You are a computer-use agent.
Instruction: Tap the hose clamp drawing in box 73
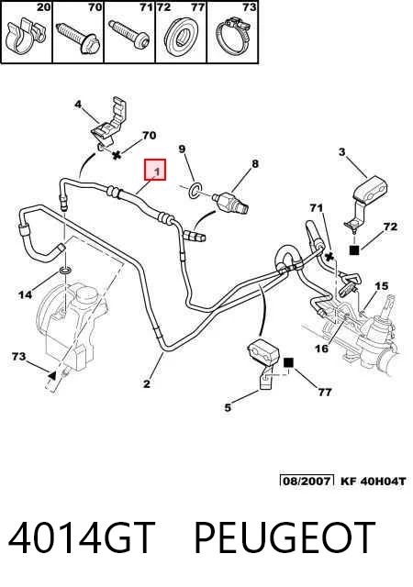tap(232, 37)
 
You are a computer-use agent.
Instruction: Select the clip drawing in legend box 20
tap(25, 38)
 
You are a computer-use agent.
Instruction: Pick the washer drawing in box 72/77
tap(181, 38)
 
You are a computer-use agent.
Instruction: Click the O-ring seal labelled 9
tap(195, 191)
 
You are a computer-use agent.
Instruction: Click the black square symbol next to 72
tap(354, 249)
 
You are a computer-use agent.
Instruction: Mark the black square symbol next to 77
tap(288, 362)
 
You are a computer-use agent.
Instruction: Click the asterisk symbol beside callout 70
tap(117, 155)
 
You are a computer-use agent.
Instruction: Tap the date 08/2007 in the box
tap(307, 480)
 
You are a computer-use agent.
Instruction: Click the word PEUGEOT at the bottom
tap(285, 538)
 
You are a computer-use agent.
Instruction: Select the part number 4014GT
tap(81, 538)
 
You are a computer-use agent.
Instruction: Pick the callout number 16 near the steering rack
tap(321, 349)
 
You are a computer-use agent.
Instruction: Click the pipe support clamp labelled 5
tap(263, 364)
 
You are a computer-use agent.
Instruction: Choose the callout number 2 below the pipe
tap(147, 383)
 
